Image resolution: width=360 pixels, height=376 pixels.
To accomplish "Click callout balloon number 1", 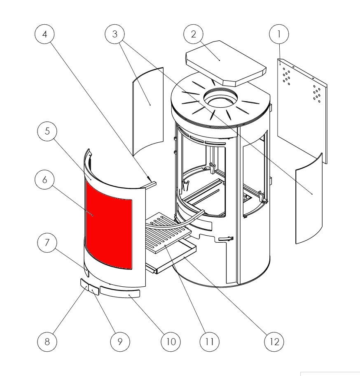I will pyautogui.click(x=279, y=35).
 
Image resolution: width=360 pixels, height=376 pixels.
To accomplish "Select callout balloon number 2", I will pyautogui.click(x=193, y=35).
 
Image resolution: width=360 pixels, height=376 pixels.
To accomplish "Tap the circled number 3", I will pyautogui.click(x=115, y=35).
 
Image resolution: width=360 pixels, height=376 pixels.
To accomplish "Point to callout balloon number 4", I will pyautogui.click(x=44, y=35).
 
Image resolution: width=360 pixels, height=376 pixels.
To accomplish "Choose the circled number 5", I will pyautogui.click(x=46, y=132).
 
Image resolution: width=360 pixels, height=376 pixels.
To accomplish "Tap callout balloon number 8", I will pyautogui.click(x=46, y=341).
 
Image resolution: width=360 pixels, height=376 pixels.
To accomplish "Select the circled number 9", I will pyautogui.click(x=120, y=341).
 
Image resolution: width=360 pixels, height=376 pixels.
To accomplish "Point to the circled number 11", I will pyautogui.click(x=209, y=341).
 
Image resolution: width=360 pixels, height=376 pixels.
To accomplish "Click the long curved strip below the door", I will pyautogui.click(x=120, y=292).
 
